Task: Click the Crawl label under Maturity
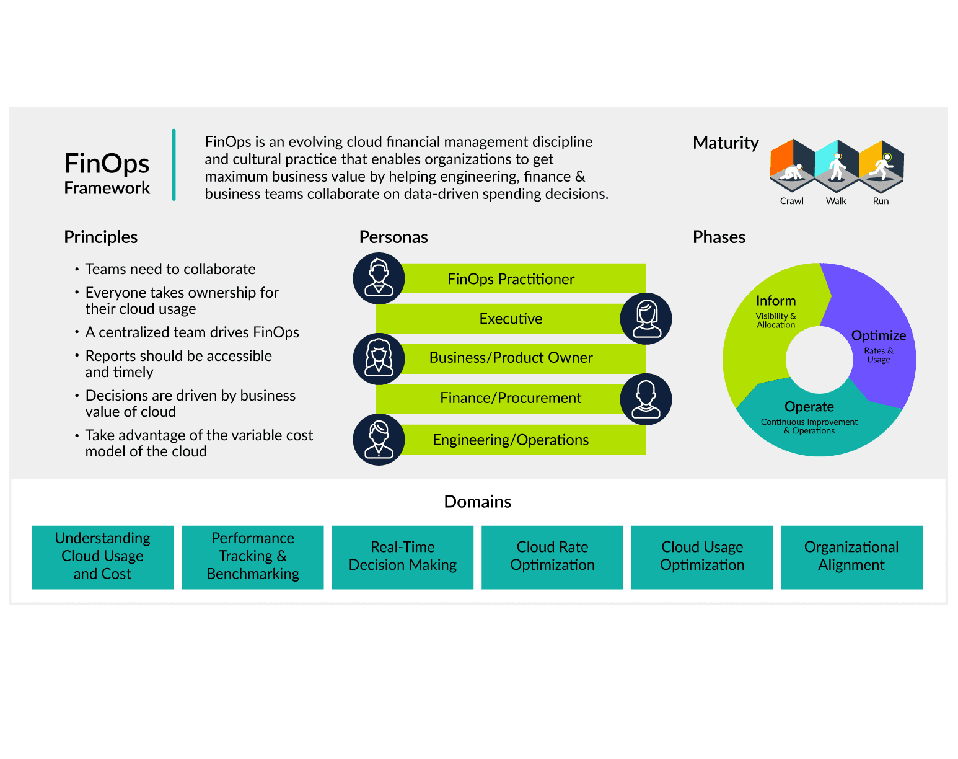(x=791, y=201)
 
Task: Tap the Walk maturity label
(x=835, y=201)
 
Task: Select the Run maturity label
(x=880, y=201)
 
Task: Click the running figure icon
(x=882, y=166)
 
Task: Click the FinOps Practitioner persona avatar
(x=379, y=278)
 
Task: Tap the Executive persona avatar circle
(x=646, y=319)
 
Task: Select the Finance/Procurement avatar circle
(x=646, y=399)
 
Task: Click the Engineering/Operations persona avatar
(x=379, y=440)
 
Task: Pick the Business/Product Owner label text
(x=511, y=358)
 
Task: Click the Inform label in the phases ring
(x=775, y=301)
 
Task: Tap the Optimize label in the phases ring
(x=878, y=335)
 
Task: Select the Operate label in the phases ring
(x=809, y=407)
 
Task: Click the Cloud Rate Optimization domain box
(x=552, y=557)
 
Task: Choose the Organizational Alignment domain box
(x=851, y=557)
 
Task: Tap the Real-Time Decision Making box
(x=402, y=557)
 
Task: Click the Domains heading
(x=477, y=502)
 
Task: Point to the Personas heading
(x=393, y=237)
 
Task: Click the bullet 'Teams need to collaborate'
(x=170, y=269)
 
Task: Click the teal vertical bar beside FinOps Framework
(x=174, y=165)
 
